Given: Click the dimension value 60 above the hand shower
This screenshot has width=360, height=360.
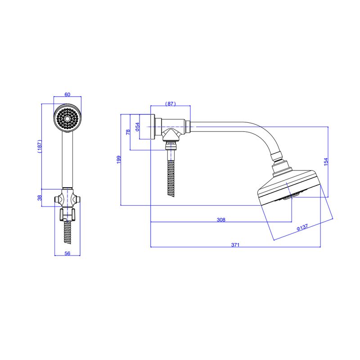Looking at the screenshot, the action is tap(67, 94).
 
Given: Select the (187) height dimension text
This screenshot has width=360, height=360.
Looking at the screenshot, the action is tap(40, 146).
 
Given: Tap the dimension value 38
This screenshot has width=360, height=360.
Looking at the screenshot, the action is tap(40, 198).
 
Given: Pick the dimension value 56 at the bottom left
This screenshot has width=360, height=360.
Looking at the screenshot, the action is tap(67, 253).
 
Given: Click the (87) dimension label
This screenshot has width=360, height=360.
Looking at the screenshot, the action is tap(171, 104).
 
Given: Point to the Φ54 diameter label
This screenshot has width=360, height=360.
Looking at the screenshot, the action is tap(137, 127).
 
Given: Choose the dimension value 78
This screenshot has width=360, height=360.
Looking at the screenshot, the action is tap(128, 132).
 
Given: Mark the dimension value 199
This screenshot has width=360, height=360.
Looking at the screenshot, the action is tap(119, 160).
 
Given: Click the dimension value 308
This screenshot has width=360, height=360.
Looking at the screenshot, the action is tap(221, 220).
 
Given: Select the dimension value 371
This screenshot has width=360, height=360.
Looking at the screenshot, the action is tap(235, 245).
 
